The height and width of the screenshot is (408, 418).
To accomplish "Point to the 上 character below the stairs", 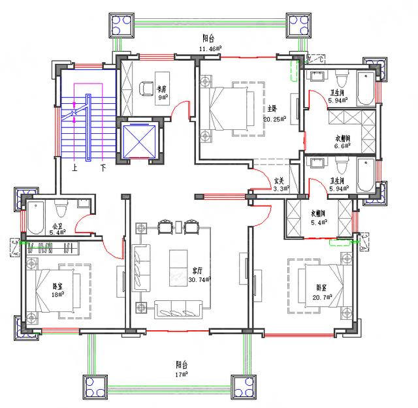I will coord(76,167).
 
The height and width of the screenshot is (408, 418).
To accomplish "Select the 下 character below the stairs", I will coord(103,167).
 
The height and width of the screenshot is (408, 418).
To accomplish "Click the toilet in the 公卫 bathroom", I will coord(61,209).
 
